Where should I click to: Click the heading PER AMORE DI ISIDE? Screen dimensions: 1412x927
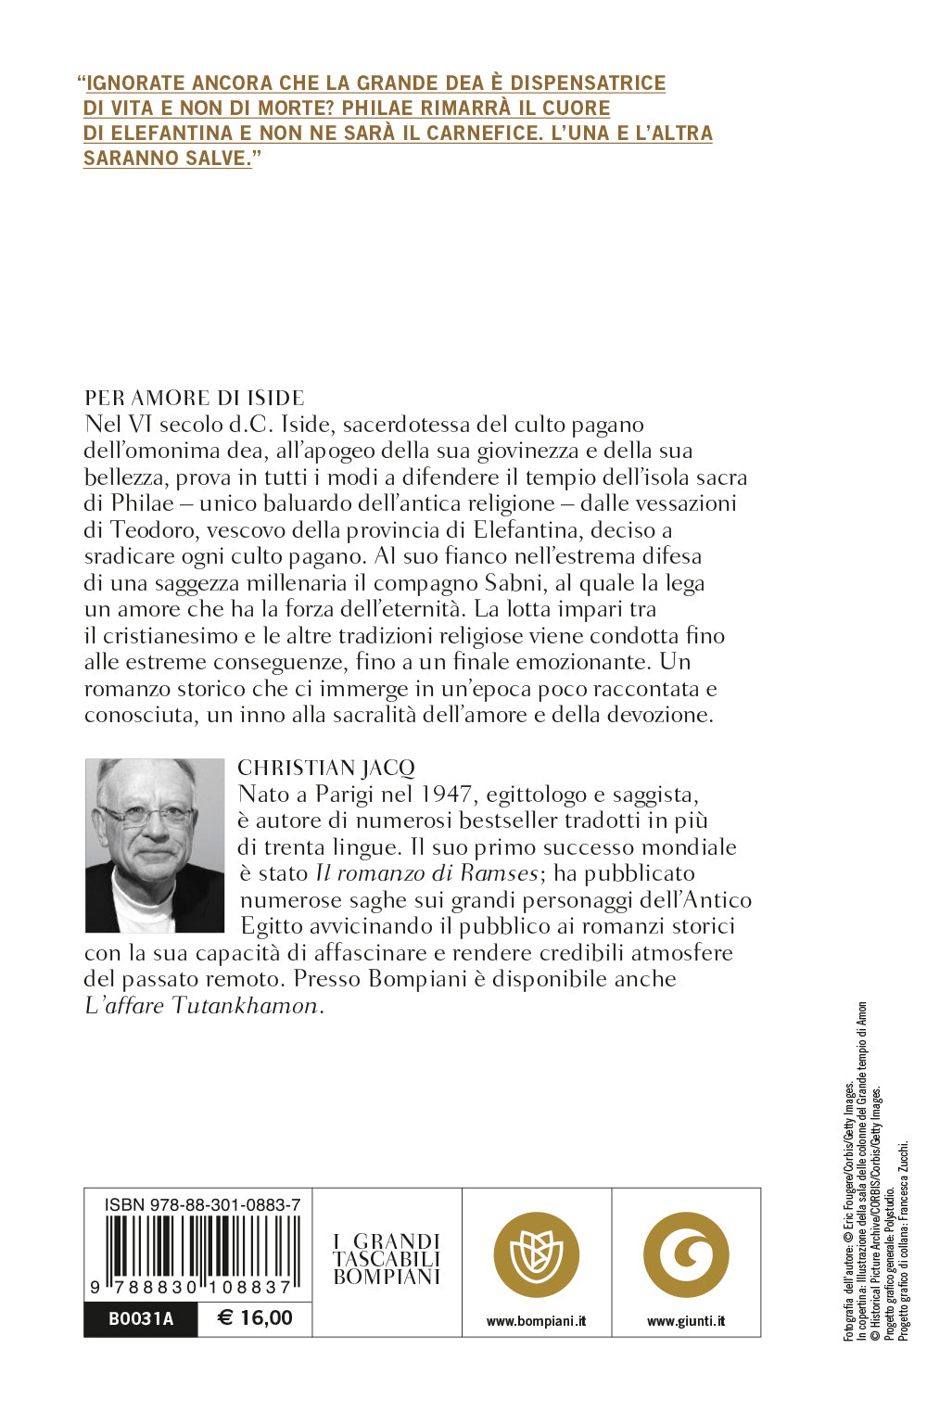click(195, 398)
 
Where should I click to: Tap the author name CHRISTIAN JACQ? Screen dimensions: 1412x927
click(326, 768)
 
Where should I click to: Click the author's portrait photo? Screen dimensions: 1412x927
click(155, 845)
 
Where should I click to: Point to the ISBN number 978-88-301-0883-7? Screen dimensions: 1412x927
click(202, 1204)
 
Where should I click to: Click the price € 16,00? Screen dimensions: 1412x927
click(255, 1318)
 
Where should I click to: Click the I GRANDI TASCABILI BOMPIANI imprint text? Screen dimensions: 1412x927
click(387, 1259)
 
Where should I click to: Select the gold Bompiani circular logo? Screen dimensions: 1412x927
click(536, 1255)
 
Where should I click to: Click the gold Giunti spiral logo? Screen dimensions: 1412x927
click(686, 1255)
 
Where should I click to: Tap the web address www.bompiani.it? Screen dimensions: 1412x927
click(536, 1321)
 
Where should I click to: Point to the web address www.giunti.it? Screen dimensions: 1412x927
click(686, 1321)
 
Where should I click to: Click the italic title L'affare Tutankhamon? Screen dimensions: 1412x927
click(201, 1006)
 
